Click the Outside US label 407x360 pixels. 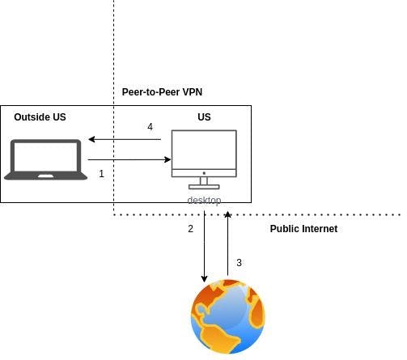coord(40,117)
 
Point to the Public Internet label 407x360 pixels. coord(303,229)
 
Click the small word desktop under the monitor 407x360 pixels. coord(204,200)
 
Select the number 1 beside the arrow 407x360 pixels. coord(101,173)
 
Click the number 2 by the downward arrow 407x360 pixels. coord(190,229)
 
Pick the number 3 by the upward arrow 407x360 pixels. coord(239,262)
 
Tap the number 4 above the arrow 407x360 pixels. coord(150,128)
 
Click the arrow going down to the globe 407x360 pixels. coord(204,243)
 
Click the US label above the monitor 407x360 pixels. coord(204,117)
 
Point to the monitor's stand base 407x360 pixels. coord(204,187)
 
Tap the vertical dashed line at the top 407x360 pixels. coord(114,40)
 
